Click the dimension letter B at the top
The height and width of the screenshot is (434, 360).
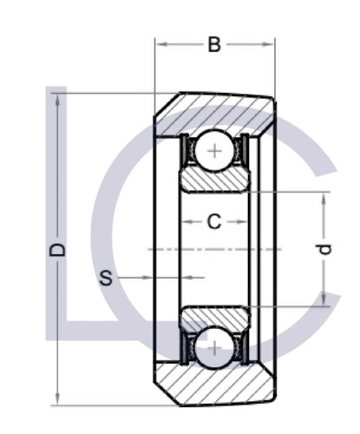(214, 43)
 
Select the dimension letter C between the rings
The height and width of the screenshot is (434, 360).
(214, 222)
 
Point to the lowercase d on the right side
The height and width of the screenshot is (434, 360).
(324, 249)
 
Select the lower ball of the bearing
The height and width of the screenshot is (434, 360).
(214, 348)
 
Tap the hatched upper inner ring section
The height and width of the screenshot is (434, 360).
(214, 181)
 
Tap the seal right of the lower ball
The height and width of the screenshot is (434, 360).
(243, 348)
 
